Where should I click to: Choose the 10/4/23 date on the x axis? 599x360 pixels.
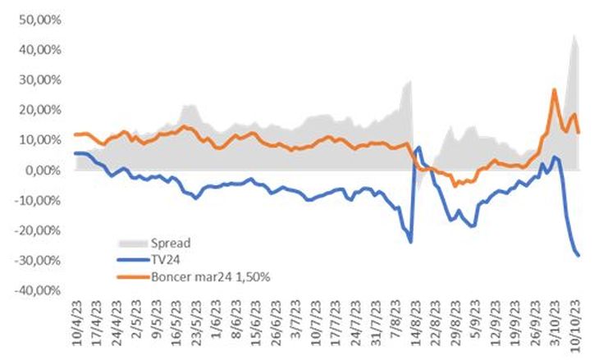click(x=75, y=324)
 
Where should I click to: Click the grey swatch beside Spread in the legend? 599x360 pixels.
click(x=131, y=244)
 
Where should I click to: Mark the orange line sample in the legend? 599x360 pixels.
click(x=131, y=277)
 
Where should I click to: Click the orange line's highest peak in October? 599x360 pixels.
click(x=555, y=90)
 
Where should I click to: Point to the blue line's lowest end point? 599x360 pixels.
click(x=578, y=255)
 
